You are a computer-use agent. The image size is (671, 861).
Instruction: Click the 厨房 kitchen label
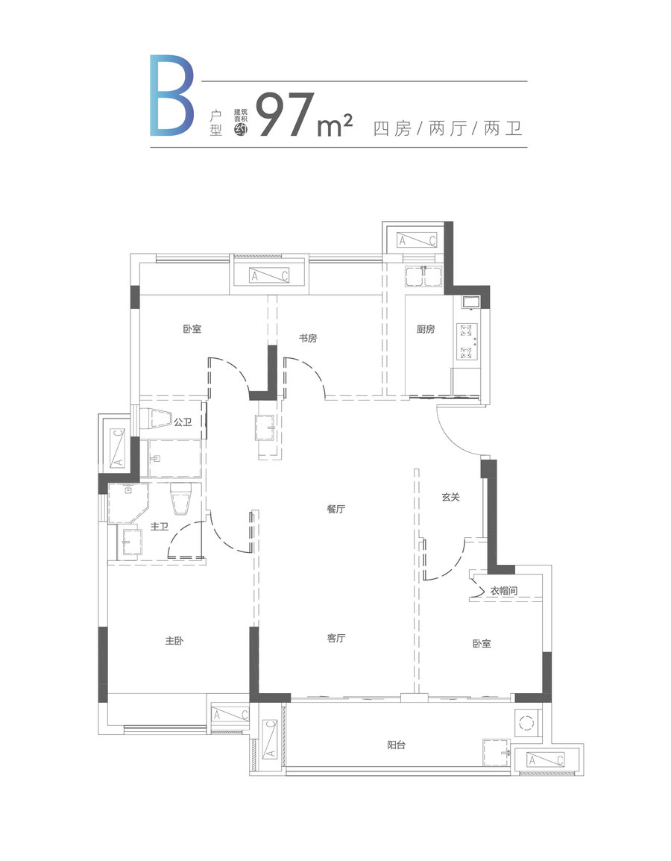(425, 330)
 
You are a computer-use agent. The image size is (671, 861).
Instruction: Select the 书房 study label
(308, 338)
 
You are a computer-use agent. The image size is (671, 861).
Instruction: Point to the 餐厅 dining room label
(335, 509)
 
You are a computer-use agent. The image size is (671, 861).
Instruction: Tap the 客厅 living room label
(335, 638)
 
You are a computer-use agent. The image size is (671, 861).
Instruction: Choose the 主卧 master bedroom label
(174, 641)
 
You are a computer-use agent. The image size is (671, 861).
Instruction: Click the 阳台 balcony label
(396, 745)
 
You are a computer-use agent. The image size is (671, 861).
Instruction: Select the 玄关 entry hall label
(450, 497)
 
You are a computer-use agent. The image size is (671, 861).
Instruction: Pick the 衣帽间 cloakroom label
(504, 591)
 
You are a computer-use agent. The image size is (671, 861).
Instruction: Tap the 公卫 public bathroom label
(183, 422)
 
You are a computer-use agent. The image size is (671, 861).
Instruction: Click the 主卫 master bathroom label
(159, 527)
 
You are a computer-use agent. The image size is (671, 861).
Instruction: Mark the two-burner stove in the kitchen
(467, 342)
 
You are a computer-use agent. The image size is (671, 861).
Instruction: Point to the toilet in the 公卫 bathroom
(157, 419)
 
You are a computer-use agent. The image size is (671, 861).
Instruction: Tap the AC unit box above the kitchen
(417, 240)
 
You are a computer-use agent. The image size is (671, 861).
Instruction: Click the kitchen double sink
(423, 275)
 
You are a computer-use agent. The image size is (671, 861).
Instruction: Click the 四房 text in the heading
(391, 129)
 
